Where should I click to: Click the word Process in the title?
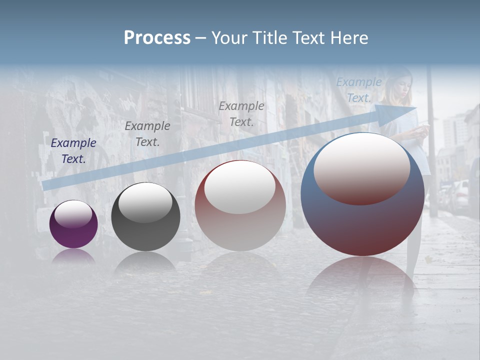pyautogui.click(x=157, y=38)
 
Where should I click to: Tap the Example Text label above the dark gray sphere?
pyautogui.click(x=147, y=134)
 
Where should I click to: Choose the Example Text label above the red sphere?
pyautogui.click(x=241, y=113)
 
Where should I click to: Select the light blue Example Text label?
pyautogui.click(x=359, y=90)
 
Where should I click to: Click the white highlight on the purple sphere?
pyautogui.click(x=73, y=214)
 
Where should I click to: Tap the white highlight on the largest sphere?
pyautogui.click(x=361, y=168)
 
